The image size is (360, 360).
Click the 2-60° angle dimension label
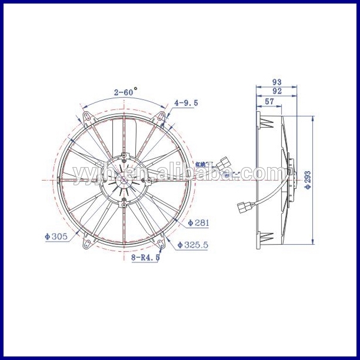[124, 92]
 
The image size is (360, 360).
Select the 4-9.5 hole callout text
[186, 102]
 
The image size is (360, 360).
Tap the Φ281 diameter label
[198, 223]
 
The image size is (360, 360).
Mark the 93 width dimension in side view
[276, 82]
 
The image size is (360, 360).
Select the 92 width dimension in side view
[276, 91]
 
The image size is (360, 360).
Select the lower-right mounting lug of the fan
[160, 240]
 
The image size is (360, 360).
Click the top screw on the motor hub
[125, 156]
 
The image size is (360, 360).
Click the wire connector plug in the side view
[244, 208]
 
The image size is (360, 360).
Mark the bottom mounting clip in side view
[268, 237]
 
